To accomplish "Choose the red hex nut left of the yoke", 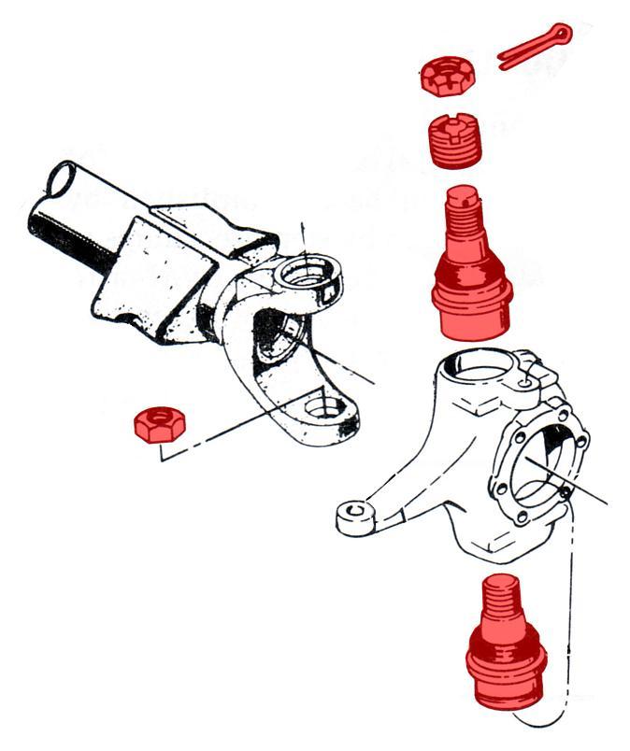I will (159, 424).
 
